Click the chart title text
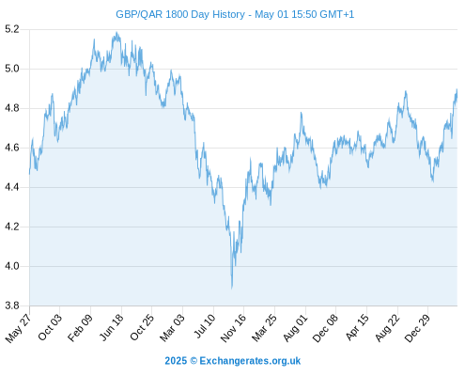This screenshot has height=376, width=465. (x=235, y=14)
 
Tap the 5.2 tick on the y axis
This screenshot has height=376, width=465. (x=12, y=29)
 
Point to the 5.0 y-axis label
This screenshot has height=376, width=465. (x=12, y=69)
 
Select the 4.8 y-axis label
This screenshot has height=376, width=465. (x=12, y=108)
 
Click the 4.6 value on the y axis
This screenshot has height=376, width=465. (x=12, y=148)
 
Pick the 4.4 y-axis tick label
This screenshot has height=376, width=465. (x=12, y=187)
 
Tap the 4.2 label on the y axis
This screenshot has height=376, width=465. (x=12, y=227)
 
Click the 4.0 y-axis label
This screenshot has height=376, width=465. (x=12, y=266)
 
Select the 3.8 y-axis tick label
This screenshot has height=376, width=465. (x=12, y=305)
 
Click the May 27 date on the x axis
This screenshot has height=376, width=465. (x=19, y=328)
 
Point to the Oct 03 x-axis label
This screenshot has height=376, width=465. (x=50, y=327)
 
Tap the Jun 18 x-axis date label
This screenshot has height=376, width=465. (x=112, y=327)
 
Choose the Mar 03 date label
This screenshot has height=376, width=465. (x=173, y=327)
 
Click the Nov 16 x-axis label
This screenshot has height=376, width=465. (x=233, y=328)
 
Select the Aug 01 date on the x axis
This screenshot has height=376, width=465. (x=295, y=328)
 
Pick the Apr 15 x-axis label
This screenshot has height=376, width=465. (x=357, y=327)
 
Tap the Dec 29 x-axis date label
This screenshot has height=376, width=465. (x=417, y=328)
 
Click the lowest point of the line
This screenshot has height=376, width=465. (x=232, y=289)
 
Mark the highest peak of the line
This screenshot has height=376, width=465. (x=116, y=32)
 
